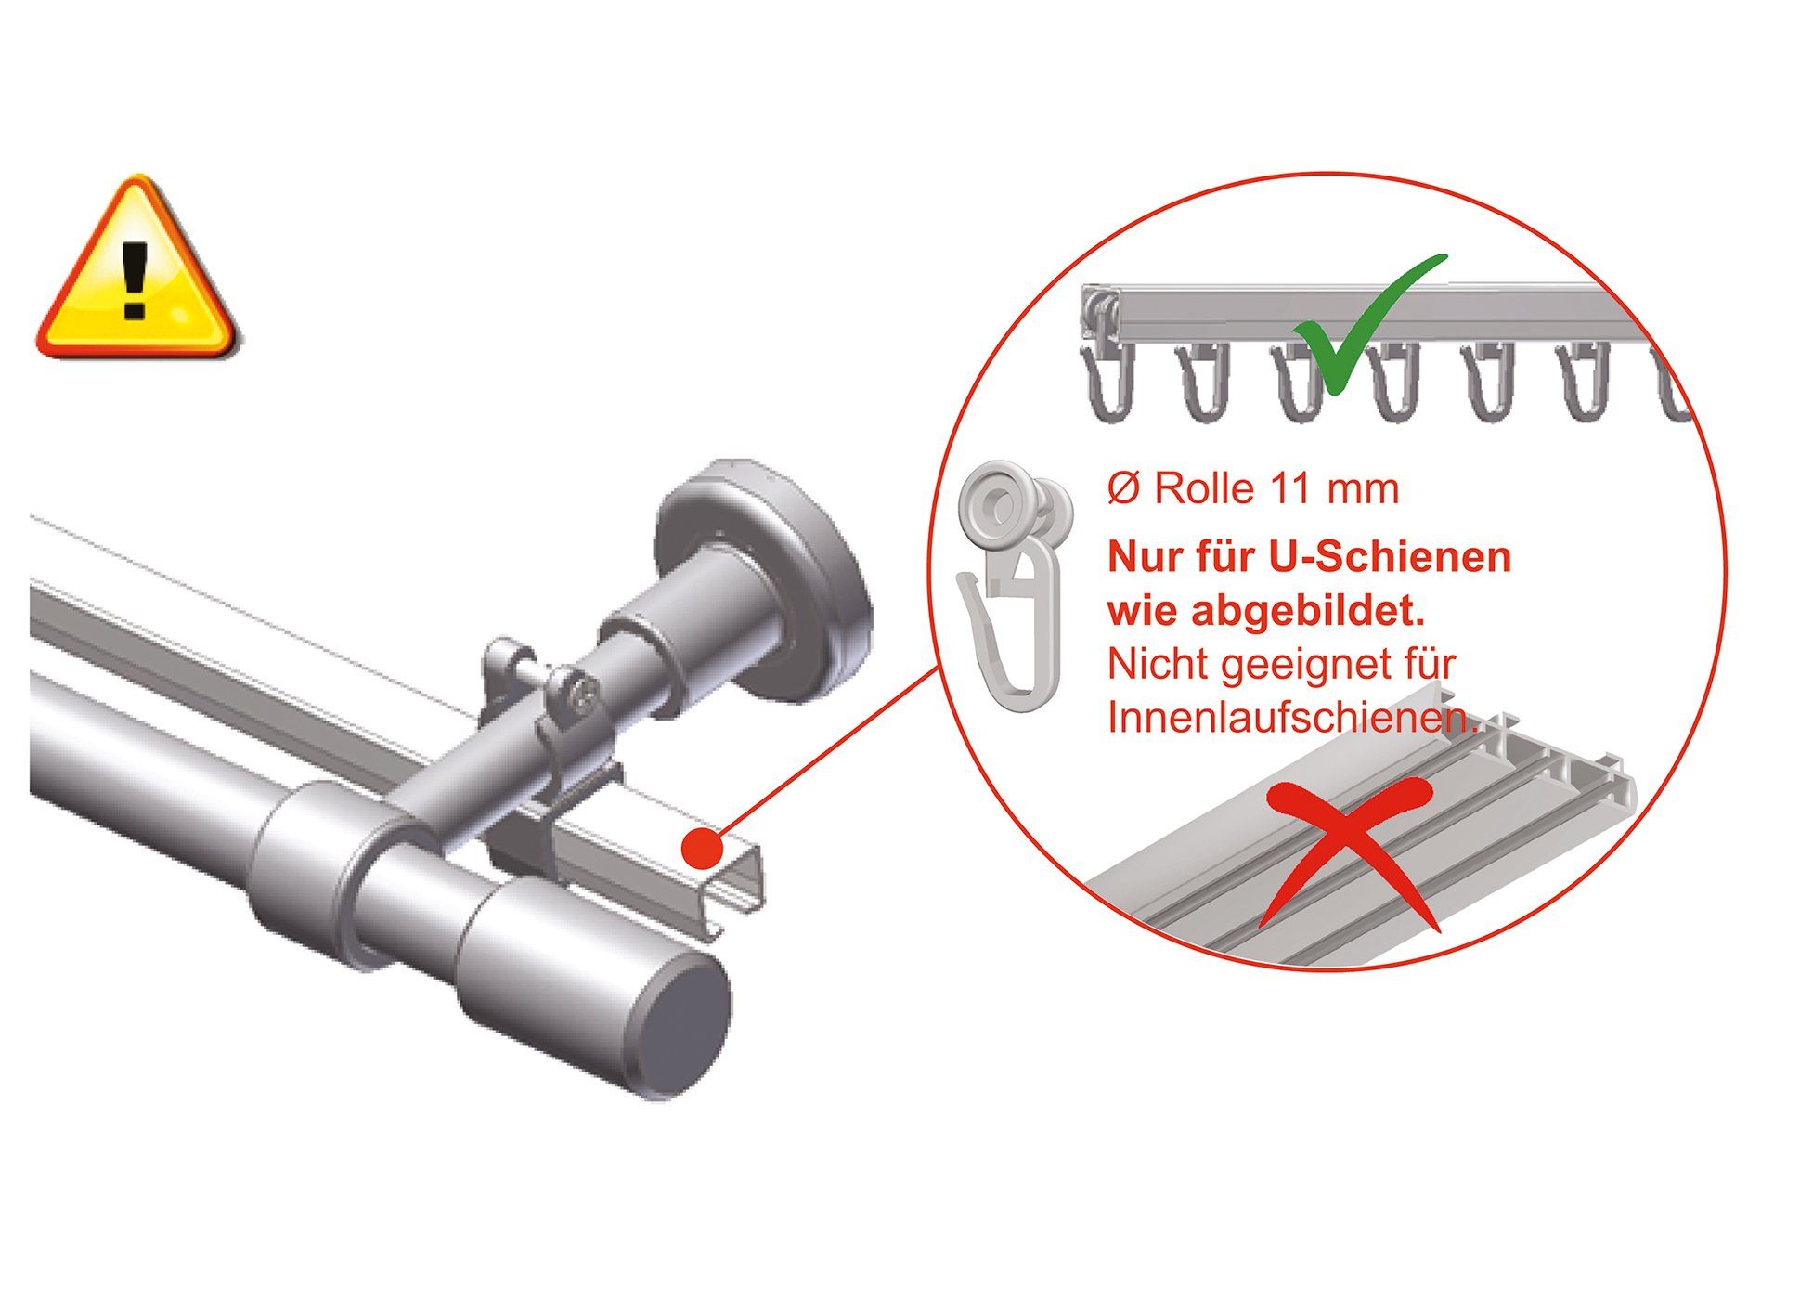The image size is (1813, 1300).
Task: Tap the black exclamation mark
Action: pos(136,279)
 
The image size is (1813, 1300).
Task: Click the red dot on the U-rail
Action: pos(702,848)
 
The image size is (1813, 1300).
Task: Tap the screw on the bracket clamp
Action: pos(584,692)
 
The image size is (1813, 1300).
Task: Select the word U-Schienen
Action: pos(1389,557)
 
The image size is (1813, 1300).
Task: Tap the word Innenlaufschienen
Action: pos(1290,718)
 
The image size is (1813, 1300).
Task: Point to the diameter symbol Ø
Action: pos(1123,489)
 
